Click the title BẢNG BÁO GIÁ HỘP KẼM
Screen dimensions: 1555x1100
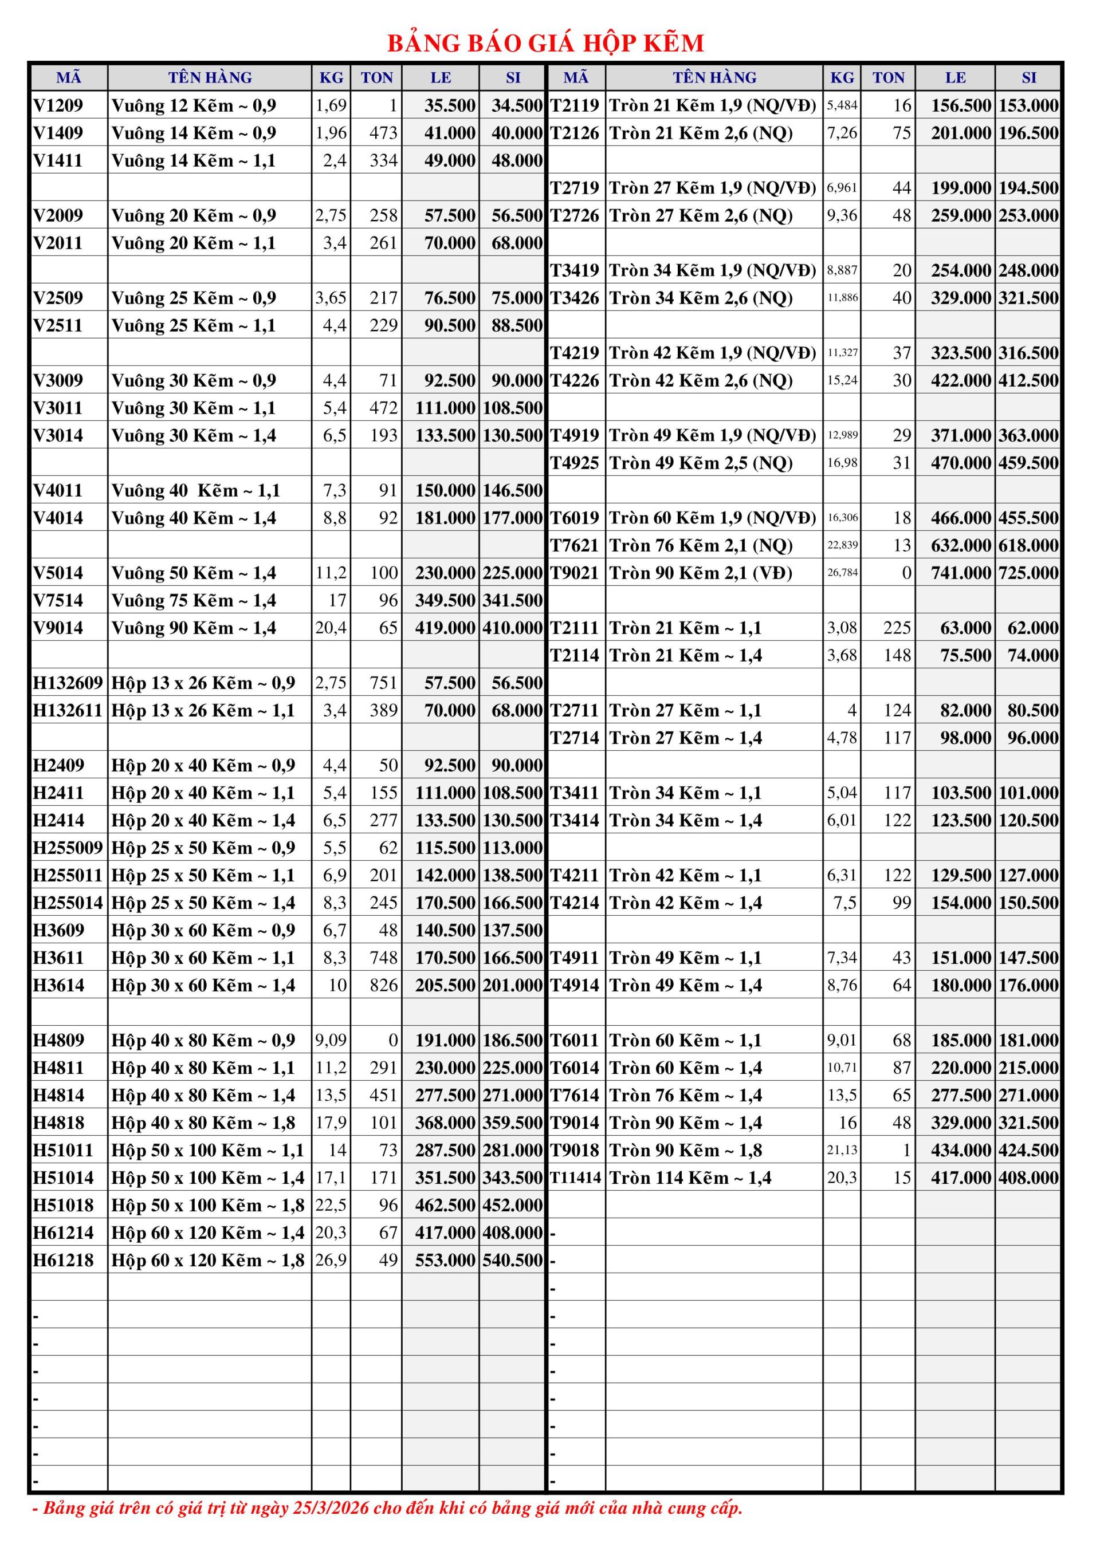click(x=545, y=44)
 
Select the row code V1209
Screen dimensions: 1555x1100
click(x=58, y=105)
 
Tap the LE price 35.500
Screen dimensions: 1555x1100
click(x=450, y=105)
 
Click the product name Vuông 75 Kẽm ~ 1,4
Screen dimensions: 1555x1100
click(x=194, y=601)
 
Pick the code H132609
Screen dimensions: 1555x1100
click(x=68, y=683)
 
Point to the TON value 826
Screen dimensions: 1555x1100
click(x=383, y=986)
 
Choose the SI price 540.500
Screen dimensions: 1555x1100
click(x=513, y=1261)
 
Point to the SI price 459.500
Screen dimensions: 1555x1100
click(x=1028, y=463)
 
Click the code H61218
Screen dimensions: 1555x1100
click(x=63, y=1261)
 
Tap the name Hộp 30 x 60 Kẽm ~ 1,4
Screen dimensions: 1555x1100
click(x=203, y=986)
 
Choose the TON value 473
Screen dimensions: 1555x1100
click(x=383, y=133)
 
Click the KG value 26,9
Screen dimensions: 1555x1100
click(x=331, y=1261)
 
